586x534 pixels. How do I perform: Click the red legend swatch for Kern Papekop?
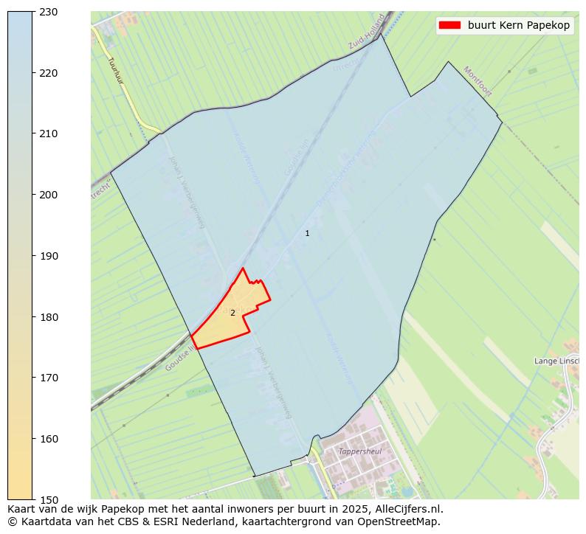(449, 25)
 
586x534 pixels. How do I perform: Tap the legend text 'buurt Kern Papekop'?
(518, 25)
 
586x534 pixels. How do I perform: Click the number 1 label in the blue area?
(307, 233)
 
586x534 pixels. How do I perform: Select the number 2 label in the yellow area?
(232, 313)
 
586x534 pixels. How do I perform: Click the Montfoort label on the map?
(478, 81)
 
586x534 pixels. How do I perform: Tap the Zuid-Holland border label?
(368, 36)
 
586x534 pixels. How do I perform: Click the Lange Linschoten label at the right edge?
(556, 361)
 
